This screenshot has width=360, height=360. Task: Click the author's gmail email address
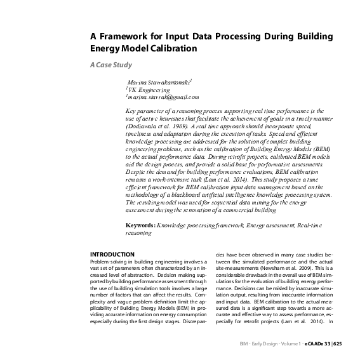[x=164, y=97]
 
